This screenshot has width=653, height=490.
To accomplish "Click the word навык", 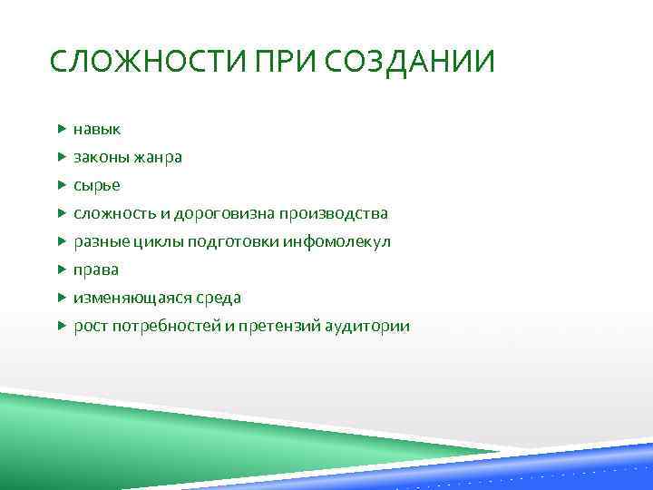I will [x=97, y=129].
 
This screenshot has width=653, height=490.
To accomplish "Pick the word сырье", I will [x=97, y=185].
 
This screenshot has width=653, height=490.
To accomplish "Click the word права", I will [x=96, y=269].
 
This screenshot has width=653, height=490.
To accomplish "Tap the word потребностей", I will [x=165, y=326].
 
